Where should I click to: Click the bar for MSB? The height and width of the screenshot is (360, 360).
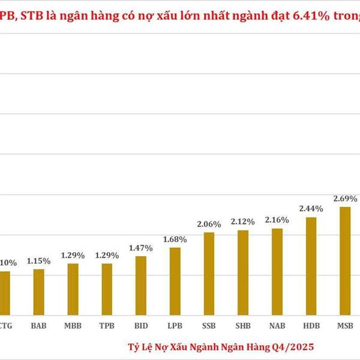click(x=345, y=260)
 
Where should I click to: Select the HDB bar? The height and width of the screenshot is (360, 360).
click(x=311, y=266)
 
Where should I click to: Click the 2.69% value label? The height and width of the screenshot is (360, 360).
click(x=346, y=198)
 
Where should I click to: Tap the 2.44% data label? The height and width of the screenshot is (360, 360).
click(x=311, y=209)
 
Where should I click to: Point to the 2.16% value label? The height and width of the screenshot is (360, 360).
click(x=277, y=220)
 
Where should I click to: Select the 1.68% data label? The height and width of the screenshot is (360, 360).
click(x=175, y=239)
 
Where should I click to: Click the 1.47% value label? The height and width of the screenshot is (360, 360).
click(x=140, y=248)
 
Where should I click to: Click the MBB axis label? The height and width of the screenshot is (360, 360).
click(x=72, y=327)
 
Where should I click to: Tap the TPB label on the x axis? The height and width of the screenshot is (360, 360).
click(x=106, y=327)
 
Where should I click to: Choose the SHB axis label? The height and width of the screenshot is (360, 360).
click(x=243, y=327)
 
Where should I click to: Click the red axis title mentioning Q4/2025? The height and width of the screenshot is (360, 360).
click(x=220, y=347)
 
